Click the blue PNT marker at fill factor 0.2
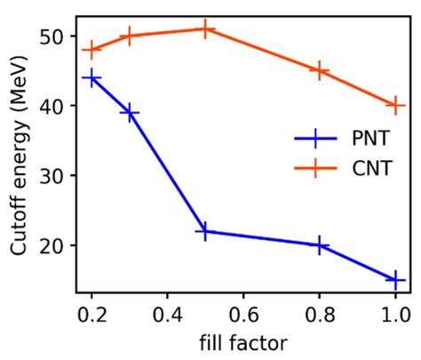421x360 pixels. point(91,78)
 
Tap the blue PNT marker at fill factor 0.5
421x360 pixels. point(205,231)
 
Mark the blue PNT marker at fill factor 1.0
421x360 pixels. point(395,280)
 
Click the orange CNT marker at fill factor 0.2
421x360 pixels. point(91,50)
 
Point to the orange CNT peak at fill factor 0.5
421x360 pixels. point(205,29)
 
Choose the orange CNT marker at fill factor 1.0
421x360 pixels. point(395,106)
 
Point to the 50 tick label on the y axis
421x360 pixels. point(52,36)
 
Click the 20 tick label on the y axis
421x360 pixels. point(52,245)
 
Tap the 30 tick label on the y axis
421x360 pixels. point(52,176)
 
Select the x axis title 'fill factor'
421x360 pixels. point(242,341)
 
